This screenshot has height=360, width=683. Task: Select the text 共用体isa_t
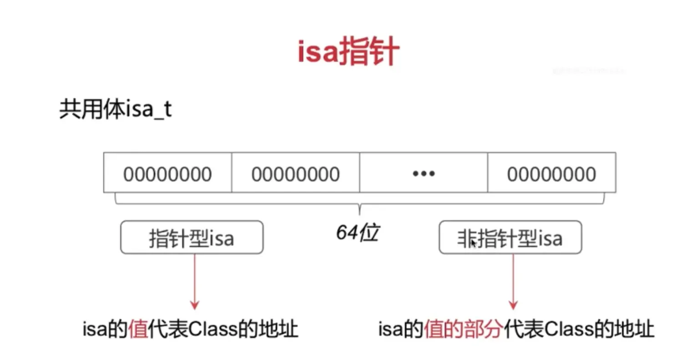point(115,110)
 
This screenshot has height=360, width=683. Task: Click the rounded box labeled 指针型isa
point(192,237)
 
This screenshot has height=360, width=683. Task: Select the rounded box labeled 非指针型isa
point(510,237)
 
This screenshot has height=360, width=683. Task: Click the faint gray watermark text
point(589,71)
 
